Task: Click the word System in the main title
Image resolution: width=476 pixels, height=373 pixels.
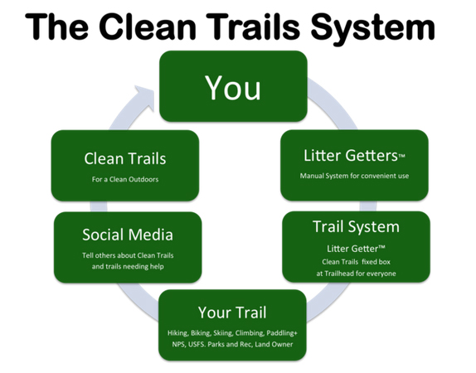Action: click(x=373, y=28)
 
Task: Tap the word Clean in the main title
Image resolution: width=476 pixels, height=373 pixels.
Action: click(x=148, y=27)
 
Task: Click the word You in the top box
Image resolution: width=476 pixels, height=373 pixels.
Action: click(x=233, y=88)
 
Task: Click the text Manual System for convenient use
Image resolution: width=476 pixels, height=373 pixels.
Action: click(x=354, y=176)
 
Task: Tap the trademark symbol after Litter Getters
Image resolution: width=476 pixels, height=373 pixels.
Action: click(x=401, y=157)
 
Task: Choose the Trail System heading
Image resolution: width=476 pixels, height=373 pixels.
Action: click(x=356, y=227)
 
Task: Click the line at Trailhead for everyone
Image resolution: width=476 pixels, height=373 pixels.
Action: click(x=356, y=274)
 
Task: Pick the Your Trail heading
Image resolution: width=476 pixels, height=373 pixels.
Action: click(x=232, y=312)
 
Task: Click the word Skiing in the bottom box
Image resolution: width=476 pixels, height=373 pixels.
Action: click(x=223, y=333)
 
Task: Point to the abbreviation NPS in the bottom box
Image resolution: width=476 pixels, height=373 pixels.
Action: click(x=178, y=344)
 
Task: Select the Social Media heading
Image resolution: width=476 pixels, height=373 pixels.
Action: click(x=128, y=235)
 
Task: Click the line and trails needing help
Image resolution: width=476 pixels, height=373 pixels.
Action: click(x=128, y=266)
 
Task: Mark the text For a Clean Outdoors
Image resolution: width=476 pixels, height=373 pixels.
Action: click(x=125, y=179)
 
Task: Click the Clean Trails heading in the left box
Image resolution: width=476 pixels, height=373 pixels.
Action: click(x=125, y=158)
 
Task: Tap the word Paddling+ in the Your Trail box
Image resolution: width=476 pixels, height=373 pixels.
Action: click(x=282, y=333)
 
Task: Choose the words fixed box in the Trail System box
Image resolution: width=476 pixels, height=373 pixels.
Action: click(x=376, y=262)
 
